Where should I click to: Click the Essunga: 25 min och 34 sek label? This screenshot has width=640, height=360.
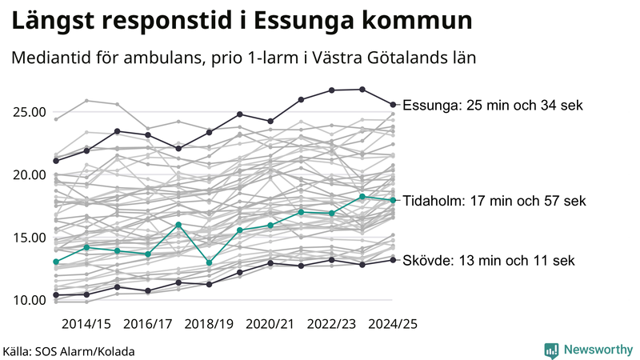tap(493, 105)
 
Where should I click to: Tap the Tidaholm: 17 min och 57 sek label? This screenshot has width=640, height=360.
tap(494, 201)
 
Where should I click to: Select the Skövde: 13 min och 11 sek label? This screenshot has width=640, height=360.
tap(488, 261)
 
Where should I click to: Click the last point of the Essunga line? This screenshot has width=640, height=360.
tap(393, 104)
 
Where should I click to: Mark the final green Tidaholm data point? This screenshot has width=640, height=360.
tap(393, 200)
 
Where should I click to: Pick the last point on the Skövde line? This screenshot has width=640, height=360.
tap(393, 259)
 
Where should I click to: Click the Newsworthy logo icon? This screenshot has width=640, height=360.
tap(551, 350)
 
